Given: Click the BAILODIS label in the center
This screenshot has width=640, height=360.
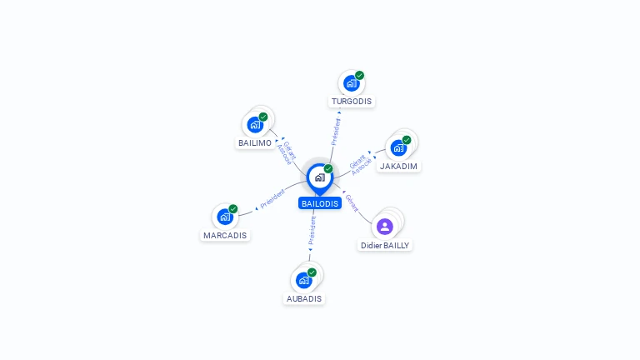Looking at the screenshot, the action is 320,203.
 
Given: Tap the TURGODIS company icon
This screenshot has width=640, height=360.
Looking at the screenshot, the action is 351,83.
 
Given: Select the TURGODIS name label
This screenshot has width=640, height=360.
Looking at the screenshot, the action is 352,101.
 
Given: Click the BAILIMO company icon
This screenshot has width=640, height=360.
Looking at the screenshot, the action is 255,124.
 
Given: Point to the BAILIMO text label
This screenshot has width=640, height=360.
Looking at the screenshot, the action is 255,142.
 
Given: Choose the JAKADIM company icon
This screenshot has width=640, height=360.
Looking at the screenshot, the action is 398,147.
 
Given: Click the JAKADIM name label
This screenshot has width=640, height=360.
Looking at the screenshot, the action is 398,166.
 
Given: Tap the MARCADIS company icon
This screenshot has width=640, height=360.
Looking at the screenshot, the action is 225,217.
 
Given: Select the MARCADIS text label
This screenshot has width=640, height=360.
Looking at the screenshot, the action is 225,236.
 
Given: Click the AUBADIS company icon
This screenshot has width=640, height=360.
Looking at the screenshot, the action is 303,280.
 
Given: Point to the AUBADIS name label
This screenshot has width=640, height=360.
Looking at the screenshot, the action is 304,299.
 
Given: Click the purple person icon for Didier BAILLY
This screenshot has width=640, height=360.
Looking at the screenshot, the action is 384,227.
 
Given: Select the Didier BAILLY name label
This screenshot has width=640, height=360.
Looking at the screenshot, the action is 385,245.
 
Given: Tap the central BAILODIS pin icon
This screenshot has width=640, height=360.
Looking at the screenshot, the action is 320,178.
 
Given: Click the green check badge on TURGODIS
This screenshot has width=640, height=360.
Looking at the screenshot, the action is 360,75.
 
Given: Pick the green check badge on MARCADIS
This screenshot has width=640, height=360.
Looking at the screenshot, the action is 233,208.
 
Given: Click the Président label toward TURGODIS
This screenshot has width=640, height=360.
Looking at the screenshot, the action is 336,132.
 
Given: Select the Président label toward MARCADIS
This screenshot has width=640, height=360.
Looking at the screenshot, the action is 272,199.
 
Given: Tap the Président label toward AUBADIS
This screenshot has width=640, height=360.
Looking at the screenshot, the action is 312,231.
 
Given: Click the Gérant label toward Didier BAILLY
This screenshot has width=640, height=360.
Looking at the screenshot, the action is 352,203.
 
